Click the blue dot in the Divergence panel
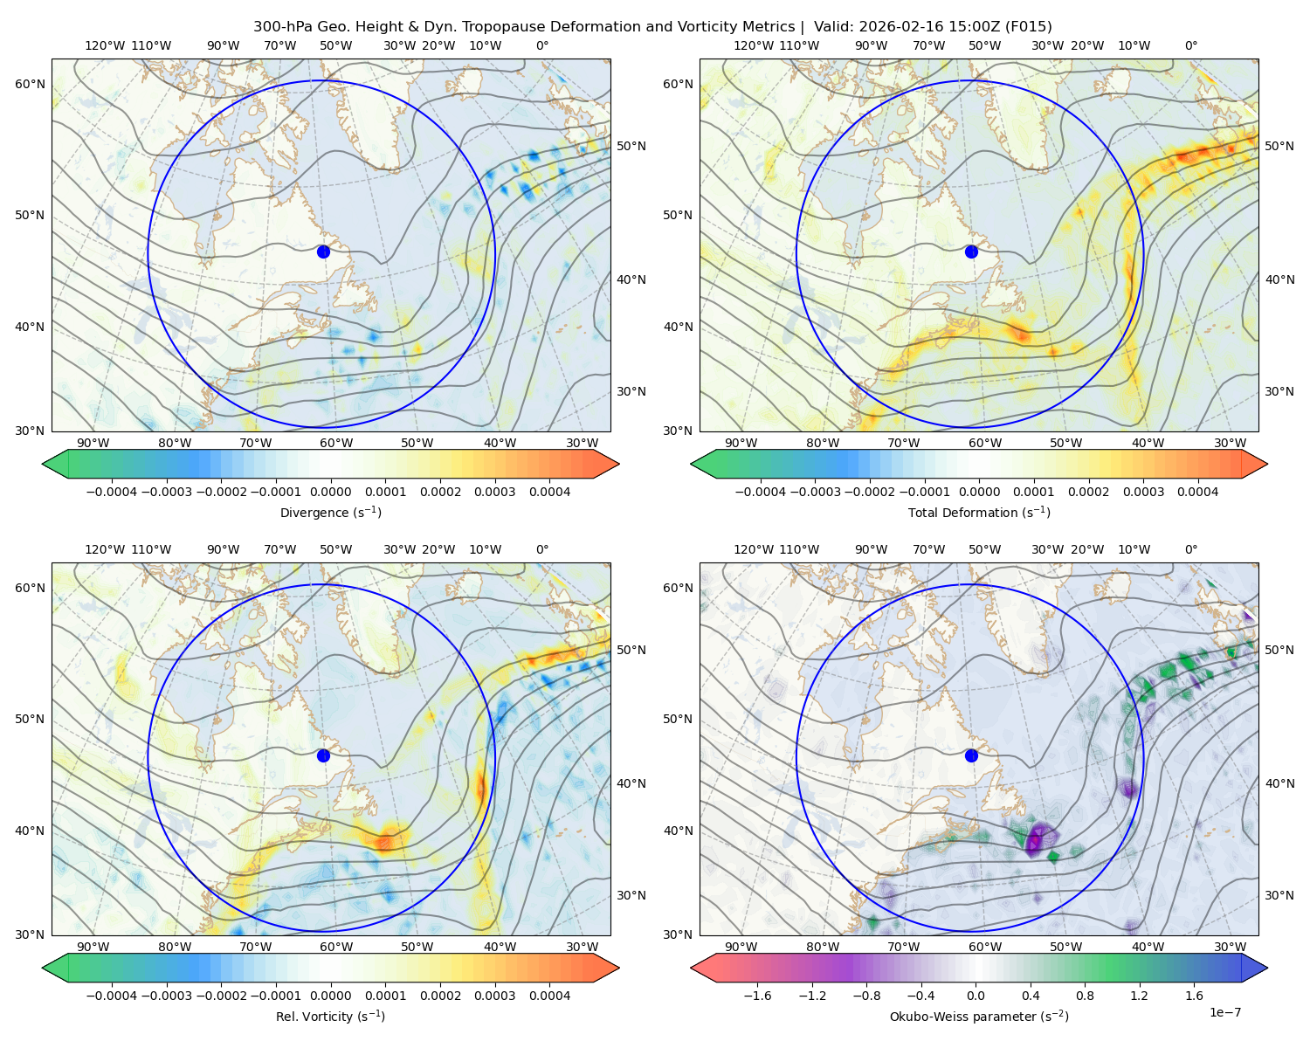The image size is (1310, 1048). (x=323, y=252)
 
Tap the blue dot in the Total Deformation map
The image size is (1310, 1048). (x=971, y=252)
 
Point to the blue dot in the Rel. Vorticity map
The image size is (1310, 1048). (x=323, y=755)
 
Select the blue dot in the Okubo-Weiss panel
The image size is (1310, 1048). (x=971, y=755)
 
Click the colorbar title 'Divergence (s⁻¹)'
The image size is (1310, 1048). (x=330, y=512)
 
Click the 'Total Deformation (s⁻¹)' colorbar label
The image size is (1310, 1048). (x=979, y=512)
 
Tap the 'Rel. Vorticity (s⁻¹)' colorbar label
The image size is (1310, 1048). (x=330, y=1016)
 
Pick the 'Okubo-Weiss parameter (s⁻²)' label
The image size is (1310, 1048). (x=979, y=1016)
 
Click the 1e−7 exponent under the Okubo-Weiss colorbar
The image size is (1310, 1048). (x=1224, y=1012)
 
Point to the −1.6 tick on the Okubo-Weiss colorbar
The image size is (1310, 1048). (x=757, y=996)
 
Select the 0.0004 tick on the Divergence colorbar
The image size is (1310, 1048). (x=549, y=492)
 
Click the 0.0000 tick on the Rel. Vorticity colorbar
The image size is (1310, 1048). (x=330, y=996)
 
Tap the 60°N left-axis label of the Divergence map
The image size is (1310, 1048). (x=30, y=84)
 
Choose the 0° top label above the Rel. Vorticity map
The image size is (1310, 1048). (x=542, y=549)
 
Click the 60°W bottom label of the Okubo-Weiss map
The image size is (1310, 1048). (x=984, y=947)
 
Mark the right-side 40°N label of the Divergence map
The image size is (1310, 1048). (x=631, y=279)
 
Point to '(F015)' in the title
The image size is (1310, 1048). (x=1028, y=27)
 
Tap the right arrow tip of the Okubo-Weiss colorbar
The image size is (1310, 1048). (x=1267, y=968)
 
